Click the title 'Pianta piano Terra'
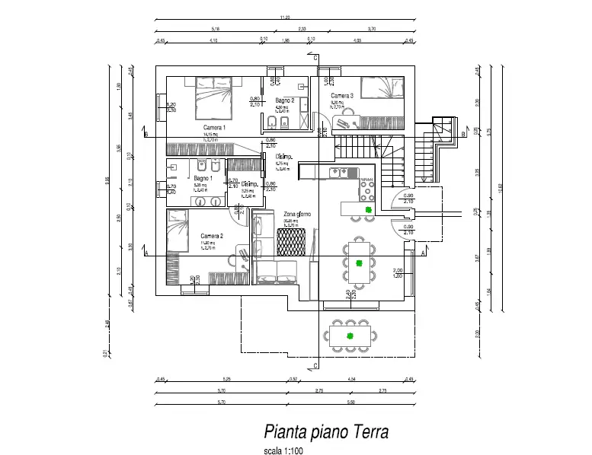click(326, 432)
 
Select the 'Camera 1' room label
click(214, 127)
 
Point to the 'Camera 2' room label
click(211, 236)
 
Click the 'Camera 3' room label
click(341, 96)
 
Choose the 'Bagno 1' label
click(203, 178)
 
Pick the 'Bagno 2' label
click(284, 100)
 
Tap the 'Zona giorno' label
click(296, 215)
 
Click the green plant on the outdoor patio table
click(350, 336)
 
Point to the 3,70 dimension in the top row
click(373, 29)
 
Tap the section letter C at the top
click(315, 57)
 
